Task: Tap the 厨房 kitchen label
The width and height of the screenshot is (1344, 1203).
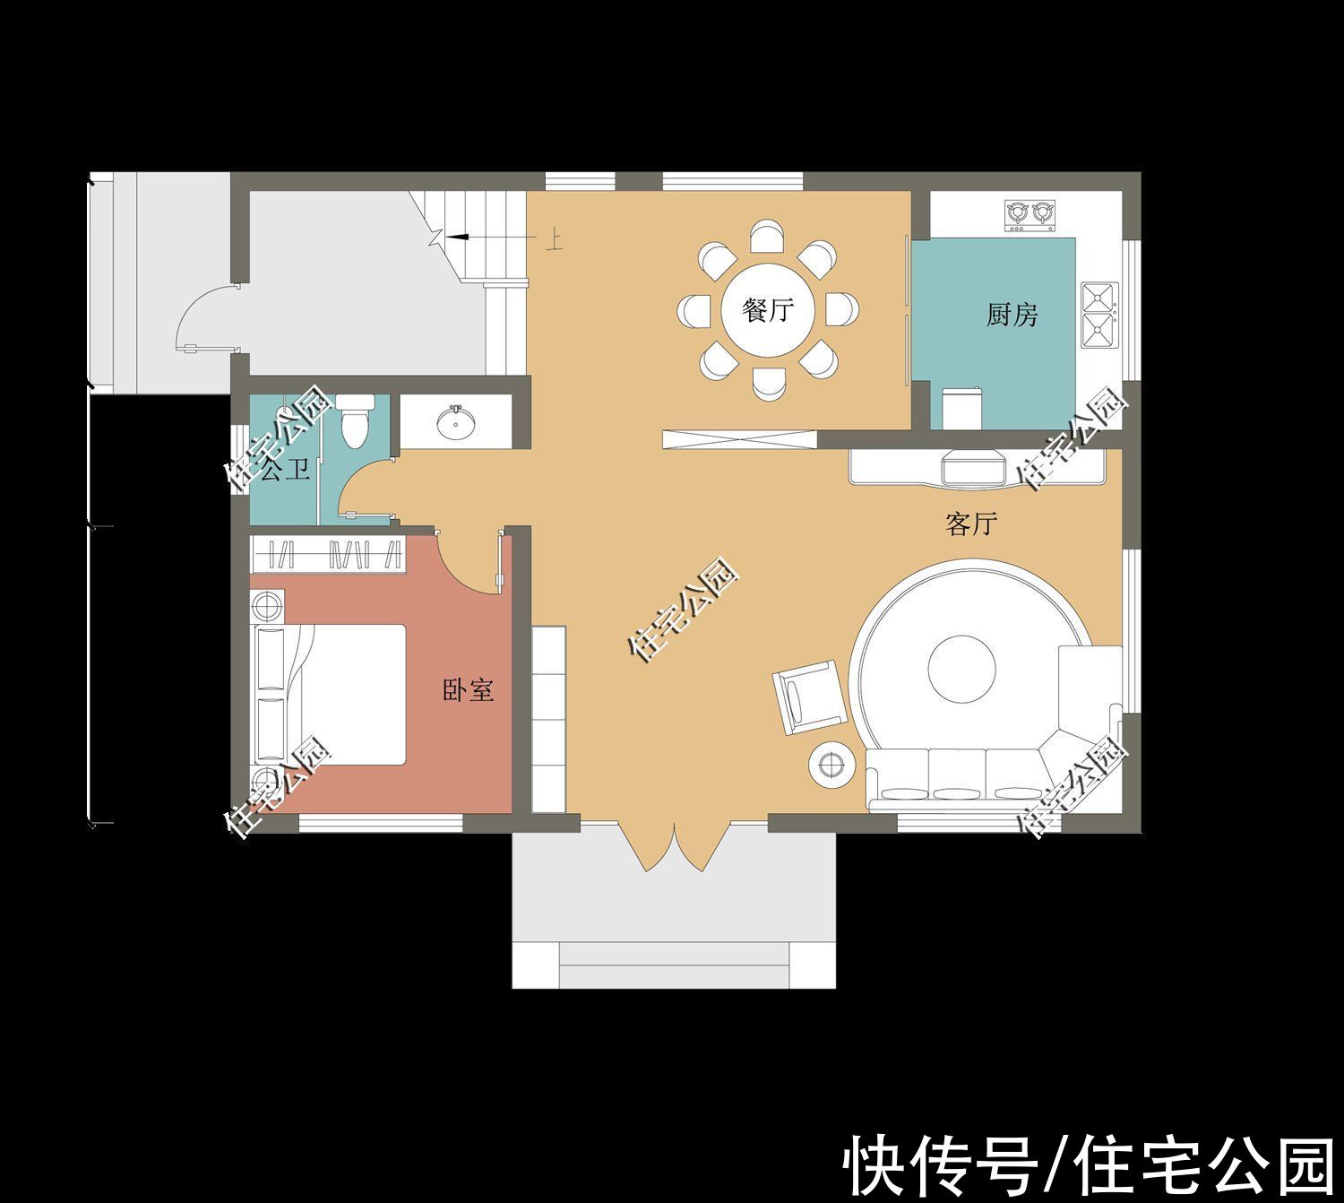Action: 1012,315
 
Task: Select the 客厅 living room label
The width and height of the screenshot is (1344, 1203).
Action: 971,524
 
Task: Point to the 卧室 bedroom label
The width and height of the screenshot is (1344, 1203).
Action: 468,689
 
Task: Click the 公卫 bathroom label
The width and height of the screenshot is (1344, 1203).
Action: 285,471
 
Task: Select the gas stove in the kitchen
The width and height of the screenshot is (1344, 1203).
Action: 1029,215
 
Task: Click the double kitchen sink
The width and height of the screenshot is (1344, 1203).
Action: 1099,315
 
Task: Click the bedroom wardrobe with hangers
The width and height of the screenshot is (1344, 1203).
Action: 327,555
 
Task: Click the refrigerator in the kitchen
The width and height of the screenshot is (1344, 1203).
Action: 961,409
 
